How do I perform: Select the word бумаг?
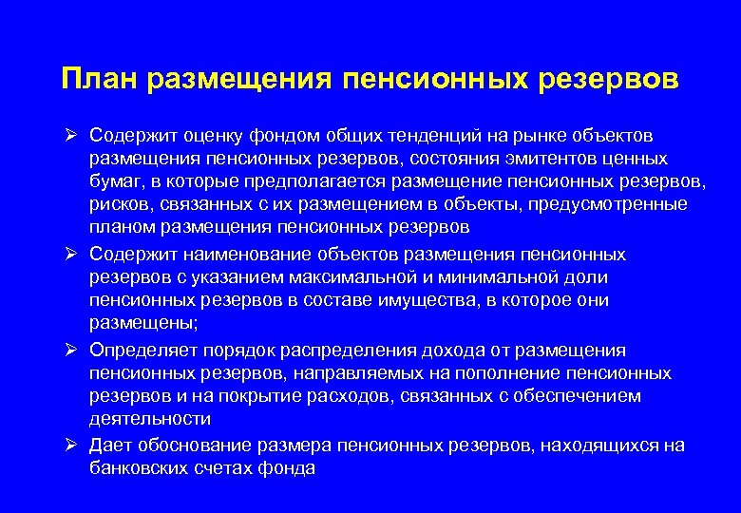pos(115,181)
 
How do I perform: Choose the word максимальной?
pos(350,277)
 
